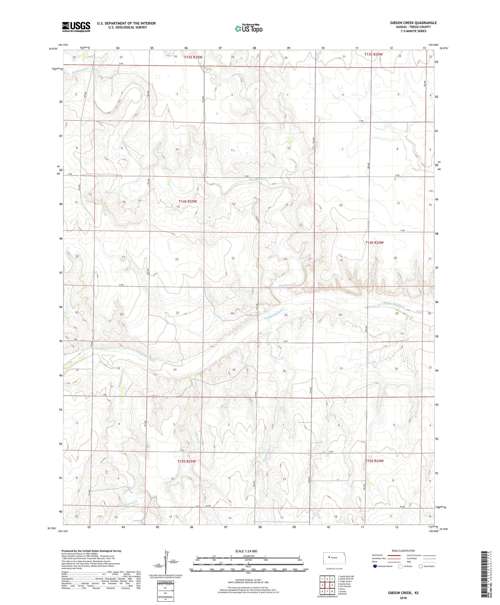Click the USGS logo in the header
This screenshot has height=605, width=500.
76,27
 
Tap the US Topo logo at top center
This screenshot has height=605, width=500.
248,29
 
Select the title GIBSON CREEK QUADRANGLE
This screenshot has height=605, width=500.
413,23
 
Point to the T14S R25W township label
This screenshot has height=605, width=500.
188,202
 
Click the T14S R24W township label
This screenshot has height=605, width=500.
374,243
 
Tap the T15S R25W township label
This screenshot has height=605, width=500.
186,461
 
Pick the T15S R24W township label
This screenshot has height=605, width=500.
374,461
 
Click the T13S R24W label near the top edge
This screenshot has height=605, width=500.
374,54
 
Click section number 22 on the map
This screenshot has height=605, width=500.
177,259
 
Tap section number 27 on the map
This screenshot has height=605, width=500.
178,313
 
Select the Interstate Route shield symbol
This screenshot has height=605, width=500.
376,566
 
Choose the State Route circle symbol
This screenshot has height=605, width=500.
421,566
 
